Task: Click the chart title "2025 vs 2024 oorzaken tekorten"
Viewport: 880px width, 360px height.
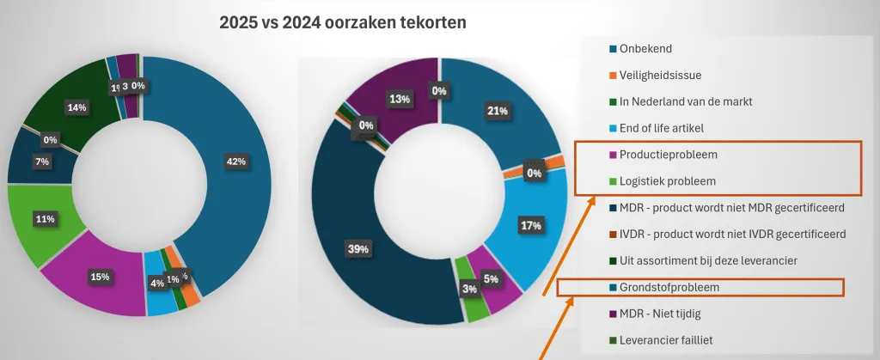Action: (x=344, y=22)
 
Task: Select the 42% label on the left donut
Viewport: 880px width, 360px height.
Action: (x=236, y=162)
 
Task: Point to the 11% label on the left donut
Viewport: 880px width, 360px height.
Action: (x=46, y=219)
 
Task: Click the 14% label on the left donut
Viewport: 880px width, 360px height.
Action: (x=76, y=107)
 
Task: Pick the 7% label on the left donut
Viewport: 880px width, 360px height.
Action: (x=41, y=162)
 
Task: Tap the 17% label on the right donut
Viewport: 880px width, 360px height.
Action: (x=530, y=226)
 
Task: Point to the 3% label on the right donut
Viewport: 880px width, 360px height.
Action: (x=469, y=289)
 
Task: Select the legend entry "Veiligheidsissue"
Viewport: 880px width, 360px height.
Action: (x=655, y=75)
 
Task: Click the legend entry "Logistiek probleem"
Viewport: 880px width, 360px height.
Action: (x=662, y=181)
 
